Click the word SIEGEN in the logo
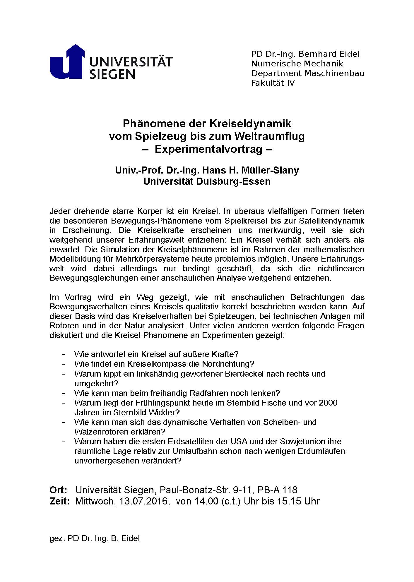pyautogui.click(x=112, y=74)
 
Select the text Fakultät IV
pyautogui.click(x=273, y=83)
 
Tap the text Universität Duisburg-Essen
pyautogui.click(x=207, y=181)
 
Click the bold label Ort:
pyautogui.click(x=59, y=490)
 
